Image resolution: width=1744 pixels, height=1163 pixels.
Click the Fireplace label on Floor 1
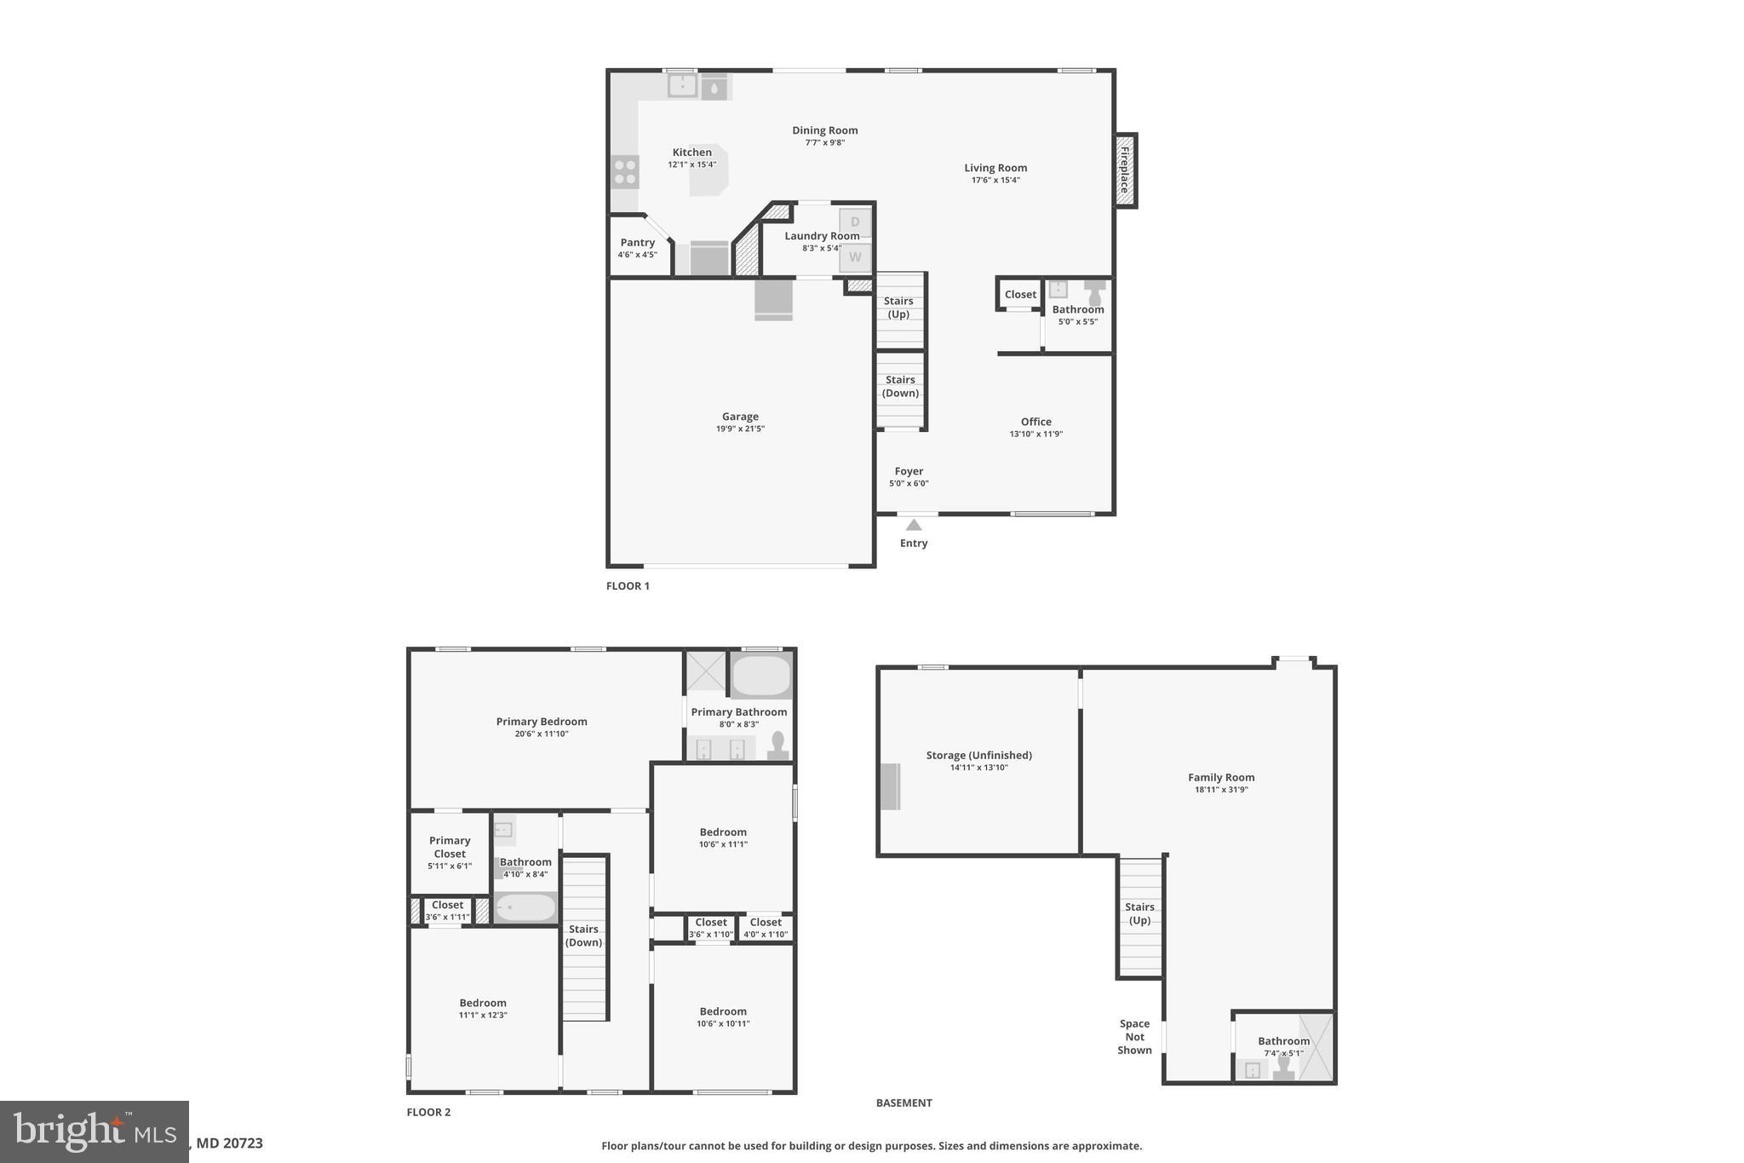[1125, 170]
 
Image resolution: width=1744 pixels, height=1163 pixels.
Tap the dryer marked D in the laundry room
[855, 222]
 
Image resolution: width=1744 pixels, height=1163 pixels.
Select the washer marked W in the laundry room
[855, 256]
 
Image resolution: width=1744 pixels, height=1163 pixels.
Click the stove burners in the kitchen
[624, 172]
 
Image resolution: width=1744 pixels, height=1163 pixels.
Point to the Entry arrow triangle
[914, 525]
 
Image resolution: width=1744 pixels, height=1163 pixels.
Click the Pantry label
[637, 243]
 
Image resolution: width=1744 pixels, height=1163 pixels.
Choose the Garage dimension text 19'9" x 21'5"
[740, 429]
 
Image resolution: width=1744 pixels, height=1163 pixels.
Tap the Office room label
[1035, 422]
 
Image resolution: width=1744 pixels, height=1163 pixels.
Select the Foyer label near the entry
[909, 471]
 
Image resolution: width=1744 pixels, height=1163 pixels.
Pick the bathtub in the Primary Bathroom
[761, 676]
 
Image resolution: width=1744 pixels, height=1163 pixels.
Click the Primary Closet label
[450, 847]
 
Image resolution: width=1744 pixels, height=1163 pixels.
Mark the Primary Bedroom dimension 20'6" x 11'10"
[542, 734]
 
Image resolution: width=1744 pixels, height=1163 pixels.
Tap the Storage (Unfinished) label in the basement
[978, 755]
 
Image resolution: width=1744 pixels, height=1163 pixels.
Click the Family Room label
[1221, 777]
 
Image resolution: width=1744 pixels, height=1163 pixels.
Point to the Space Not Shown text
[1134, 1037]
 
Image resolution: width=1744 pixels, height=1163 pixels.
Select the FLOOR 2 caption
[428, 1112]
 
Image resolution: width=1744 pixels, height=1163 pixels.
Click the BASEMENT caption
[904, 1103]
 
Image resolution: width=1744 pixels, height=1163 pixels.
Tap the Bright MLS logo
[95, 1131]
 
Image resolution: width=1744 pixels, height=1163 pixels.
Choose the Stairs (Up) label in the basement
[1139, 913]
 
